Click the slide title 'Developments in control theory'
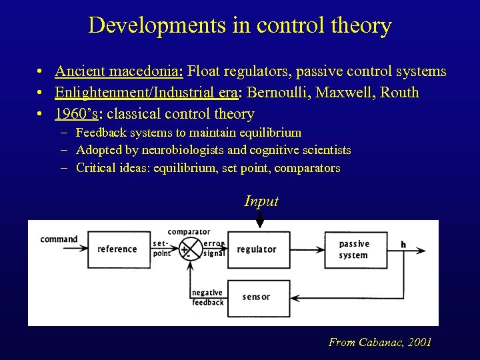click(x=240, y=25)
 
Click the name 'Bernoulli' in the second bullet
click(x=279, y=93)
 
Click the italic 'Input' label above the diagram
click(x=261, y=201)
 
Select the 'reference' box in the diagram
click(x=117, y=249)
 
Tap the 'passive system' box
click(x=355, y=249)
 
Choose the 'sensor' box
click(x=257, y=297)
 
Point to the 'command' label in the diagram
click(x=59, y=239)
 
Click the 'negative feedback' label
click(x=207, y=297)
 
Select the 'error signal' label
click(x=214, y=249)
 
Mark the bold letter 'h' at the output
click(x=403, y=245)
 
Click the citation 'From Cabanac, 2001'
click(x=380, y=342)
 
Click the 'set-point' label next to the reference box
click(x=162, y=249)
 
